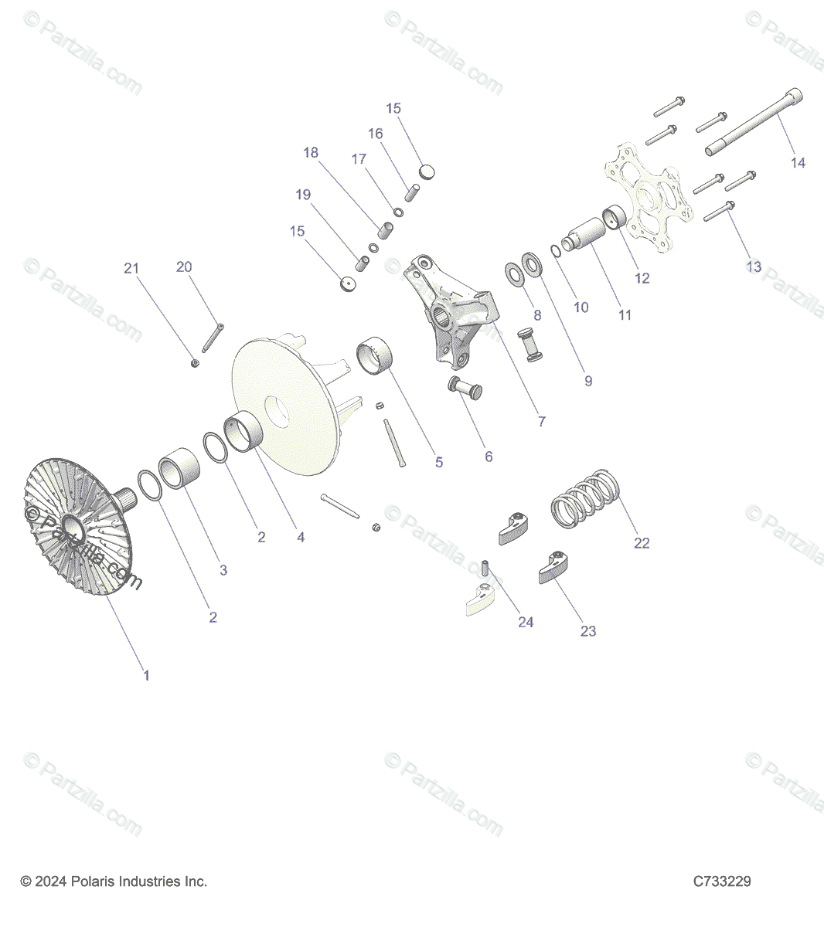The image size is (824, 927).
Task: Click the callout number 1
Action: click(146, 675)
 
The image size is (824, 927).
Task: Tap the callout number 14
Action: click(798, 162)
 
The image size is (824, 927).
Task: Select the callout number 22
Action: click(642, 543)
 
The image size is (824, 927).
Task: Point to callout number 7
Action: click(541, 421)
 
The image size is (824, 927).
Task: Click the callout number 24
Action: click(526, 622)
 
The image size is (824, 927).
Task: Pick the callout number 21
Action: click(131, 268)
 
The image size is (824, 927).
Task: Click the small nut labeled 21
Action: click(196, 362)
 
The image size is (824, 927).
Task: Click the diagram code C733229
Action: click(721, 881)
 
